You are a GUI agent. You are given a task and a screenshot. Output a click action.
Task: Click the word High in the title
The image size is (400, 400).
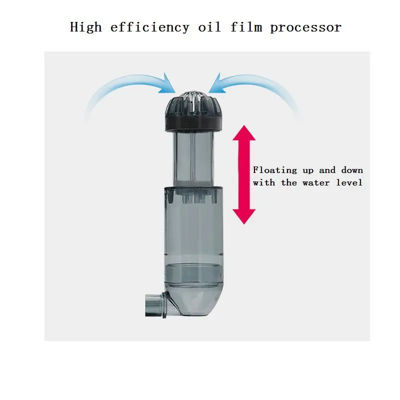85,27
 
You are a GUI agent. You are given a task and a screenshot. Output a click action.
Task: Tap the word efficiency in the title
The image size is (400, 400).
149,27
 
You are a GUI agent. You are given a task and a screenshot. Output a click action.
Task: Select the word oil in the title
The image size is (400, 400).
209,27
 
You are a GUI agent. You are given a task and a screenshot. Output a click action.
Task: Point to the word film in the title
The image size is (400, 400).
246,27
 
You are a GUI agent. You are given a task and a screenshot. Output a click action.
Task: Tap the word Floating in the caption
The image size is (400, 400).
275,170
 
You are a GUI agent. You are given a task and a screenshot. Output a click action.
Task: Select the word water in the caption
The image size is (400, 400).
316,182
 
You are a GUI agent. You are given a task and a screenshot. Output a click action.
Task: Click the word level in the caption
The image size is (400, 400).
349,182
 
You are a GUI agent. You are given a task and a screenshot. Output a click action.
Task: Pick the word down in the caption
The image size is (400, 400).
352,170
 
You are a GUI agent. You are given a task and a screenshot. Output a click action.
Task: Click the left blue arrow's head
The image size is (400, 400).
168,84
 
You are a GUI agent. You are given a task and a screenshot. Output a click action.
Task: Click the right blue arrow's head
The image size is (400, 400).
217,84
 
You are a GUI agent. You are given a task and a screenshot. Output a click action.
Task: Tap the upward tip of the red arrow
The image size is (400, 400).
244,125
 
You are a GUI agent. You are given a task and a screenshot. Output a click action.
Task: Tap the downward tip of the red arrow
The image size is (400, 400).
244,224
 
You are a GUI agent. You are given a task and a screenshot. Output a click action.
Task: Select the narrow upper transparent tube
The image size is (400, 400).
193,158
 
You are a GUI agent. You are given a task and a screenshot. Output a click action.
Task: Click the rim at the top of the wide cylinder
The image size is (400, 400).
194,189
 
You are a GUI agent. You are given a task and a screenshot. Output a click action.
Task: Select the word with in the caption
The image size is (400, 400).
264,182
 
